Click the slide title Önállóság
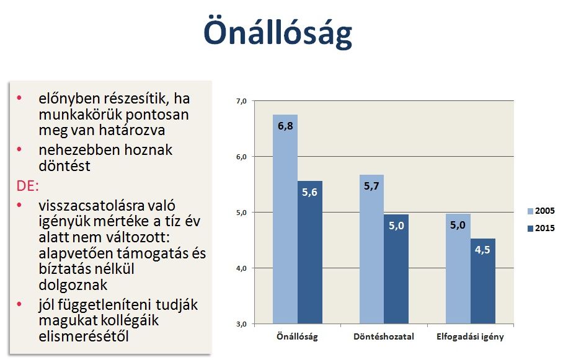click(x=278, y=32)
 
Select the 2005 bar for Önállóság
click(x=285, y=219)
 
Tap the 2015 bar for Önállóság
click(x=310, y=252)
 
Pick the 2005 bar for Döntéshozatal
click(x=372, y=249)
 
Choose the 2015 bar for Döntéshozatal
click(x=396, y=269)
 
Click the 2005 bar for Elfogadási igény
click(x=458, y=269)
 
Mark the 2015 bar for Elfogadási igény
click(x=483, y=281)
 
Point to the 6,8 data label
click(x=285, y=126)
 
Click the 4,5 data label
click(x=482, y=250)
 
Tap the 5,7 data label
click(x=371, y=187)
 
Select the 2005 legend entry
click(x=541, y=211)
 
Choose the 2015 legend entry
click(x=541, y=228)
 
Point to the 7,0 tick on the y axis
click(x=241, y=101)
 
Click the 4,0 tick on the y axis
click(x=241, y=269)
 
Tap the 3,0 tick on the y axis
click(x=241, y=325)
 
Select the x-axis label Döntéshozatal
click(x=384, y=336)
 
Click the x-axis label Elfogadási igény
click(x=470, y=337)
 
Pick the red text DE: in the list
click(x=27, y=186)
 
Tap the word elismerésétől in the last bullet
click(x=84, y=336)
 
